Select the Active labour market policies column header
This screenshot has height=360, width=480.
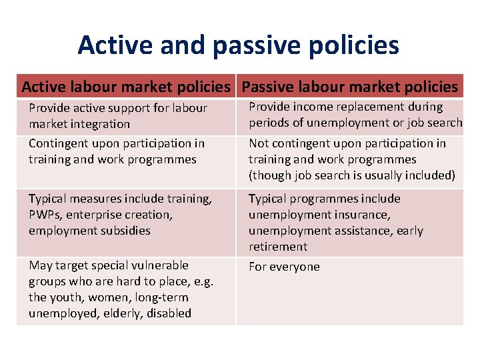coord(125,87)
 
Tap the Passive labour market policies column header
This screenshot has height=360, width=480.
coord(349,87)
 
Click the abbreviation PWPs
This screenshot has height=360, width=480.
coord(45,215)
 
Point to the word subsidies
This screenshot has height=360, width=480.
coord(125,231)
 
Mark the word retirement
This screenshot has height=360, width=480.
coord(278,247)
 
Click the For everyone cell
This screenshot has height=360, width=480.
coord(284,267)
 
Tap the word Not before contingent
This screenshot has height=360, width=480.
coord(259,143)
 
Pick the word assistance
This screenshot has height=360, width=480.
coord(361,231)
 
